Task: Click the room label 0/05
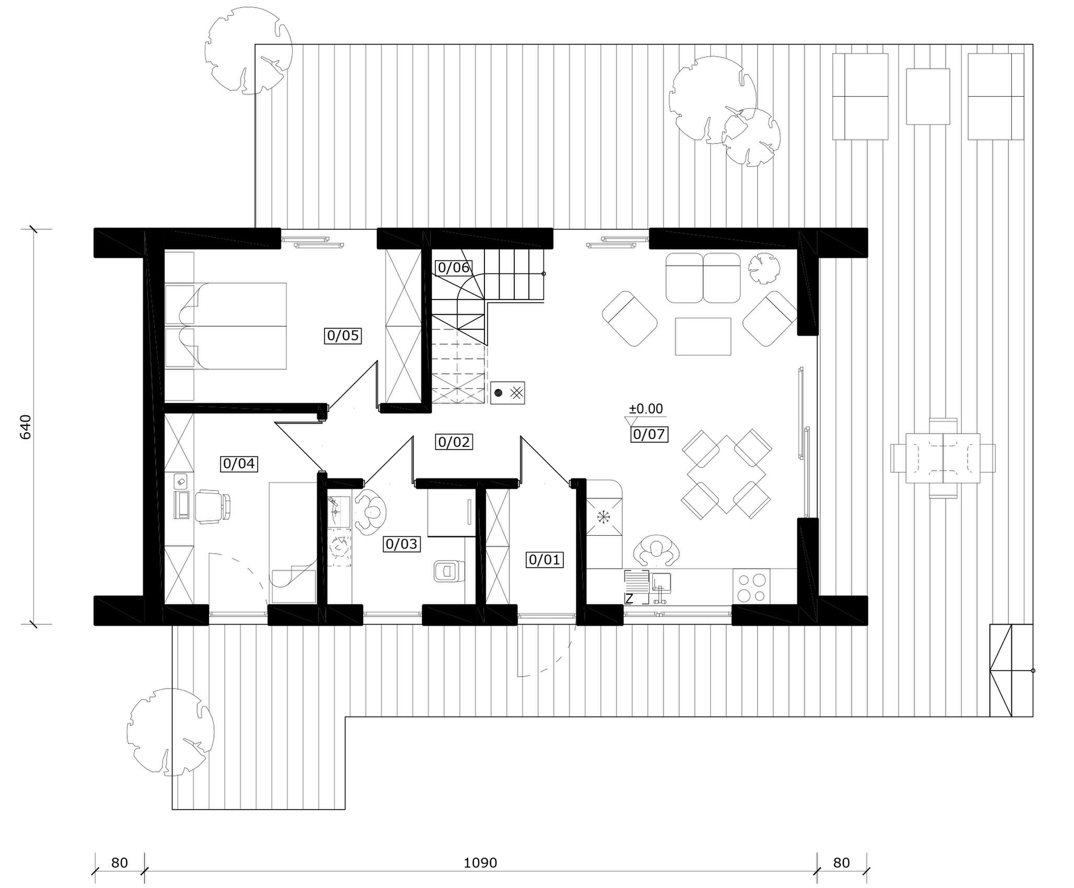[x=343, y=335]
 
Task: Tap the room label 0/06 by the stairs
[x=454, y=268]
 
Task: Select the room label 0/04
[x=239, y=464]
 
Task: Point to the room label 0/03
[x=401, y=544]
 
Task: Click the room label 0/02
[x=454, y=442]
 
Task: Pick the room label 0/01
[x=545, y=560]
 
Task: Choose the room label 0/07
[x=649, y=434]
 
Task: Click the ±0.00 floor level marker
[x=645, y=409]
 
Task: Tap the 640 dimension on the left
[x=26, y=426]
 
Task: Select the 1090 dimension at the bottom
[x=480, y=863]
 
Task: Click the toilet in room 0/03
[x=449, y=571]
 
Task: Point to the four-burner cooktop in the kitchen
[x=752, y=587]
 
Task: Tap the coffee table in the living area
[x=703, y=336]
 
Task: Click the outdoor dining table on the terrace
[x=943, y=458]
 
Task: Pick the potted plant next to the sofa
[x=764, y=269]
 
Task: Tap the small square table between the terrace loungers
[x=928, y=97]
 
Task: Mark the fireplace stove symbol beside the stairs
[x=507, y=393]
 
